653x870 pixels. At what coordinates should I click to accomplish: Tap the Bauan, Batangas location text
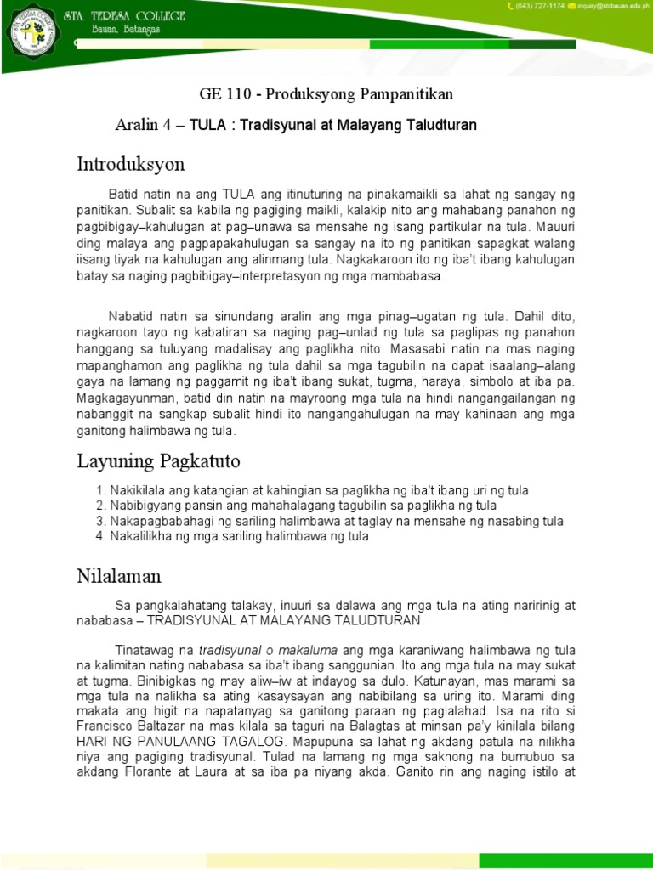coord(115,31)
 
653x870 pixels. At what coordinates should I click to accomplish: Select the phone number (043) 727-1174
coord(540,7)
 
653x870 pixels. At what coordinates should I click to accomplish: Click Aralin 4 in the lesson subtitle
coord(145,126)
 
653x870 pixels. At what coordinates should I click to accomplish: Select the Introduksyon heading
coord(130,163)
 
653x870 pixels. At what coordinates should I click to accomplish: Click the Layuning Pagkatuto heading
coord(158,461)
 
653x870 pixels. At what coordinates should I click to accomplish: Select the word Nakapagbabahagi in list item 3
coord(158,521)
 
